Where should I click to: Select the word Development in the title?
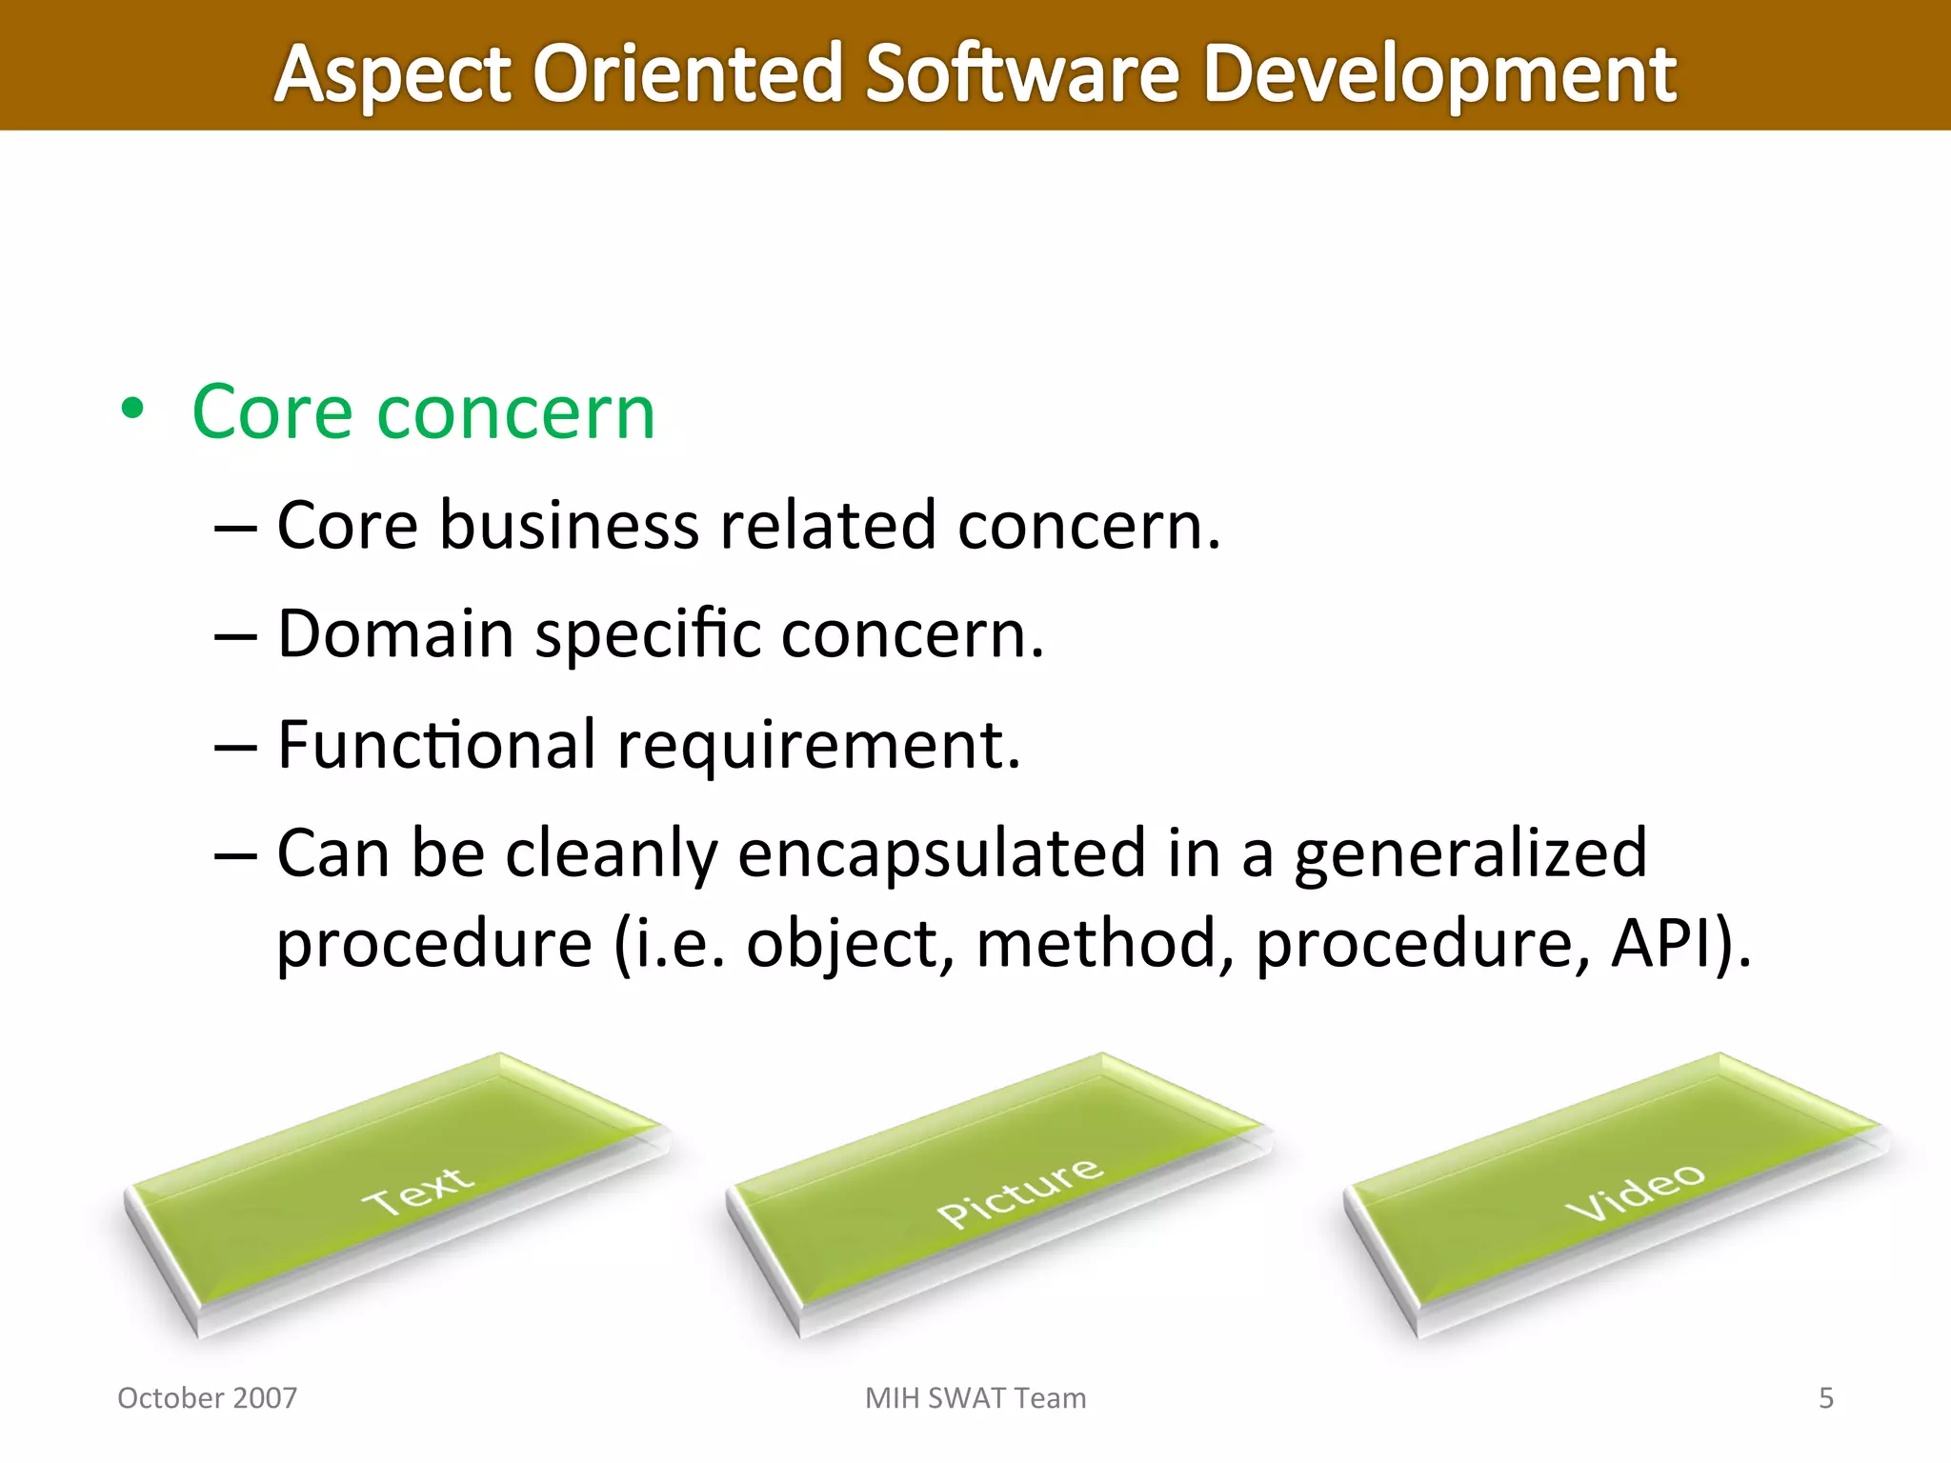[x=1438, y=74]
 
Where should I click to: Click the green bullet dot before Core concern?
[x=132, y=410]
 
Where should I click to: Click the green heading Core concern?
[x=423, y=411]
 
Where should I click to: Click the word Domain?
[x=395, y=633]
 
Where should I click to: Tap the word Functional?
[x=436, y=744]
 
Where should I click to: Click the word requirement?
[x=818, y=746]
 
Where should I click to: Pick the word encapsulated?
[x=941, y=853]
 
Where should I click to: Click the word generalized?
[x=1470, y=853]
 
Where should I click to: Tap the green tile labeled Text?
[x=400, y=1191]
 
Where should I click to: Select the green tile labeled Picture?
[x=1000, y=1191]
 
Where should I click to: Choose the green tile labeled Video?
[x=1619, y=1191]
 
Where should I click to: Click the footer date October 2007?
[x=207, y=1397]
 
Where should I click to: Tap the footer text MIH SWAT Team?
[x=975, y=1397]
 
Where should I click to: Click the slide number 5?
[x=1825, y=1397]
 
